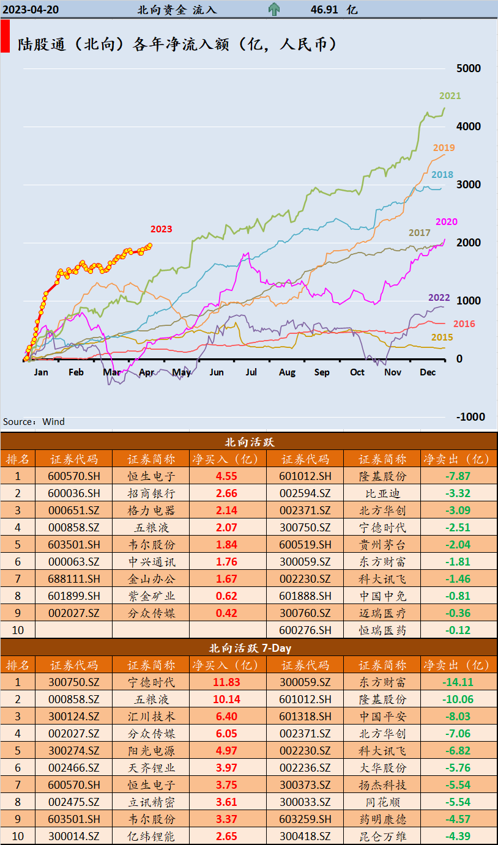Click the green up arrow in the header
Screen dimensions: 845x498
[x=274, y=9]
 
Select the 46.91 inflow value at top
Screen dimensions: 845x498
[x=325, y=10]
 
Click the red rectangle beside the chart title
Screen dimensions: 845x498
[x=5, y=37]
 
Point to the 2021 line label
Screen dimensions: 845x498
[x=450, y=96]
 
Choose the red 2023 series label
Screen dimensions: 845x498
[x=161, y=229]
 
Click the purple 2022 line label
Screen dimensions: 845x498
[x=439, y=298]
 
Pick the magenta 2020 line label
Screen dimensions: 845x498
[x=446, y=222]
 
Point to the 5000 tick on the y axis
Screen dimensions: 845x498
[x=470, y=68]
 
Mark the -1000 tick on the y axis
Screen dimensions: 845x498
[x=470, y=417]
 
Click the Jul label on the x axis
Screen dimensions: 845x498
[x=251, y=372]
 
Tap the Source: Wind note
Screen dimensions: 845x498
[x=34, y=422]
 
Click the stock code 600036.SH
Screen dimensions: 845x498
[x=73, y=493]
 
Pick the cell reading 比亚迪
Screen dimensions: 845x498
[x=382, y=493]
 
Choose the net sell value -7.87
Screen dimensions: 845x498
[x=458, y=476]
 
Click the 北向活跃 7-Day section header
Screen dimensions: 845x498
[x=249, y=648]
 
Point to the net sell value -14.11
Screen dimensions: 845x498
[x=458, y=682]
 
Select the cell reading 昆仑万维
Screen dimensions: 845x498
[x=382, y=836]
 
